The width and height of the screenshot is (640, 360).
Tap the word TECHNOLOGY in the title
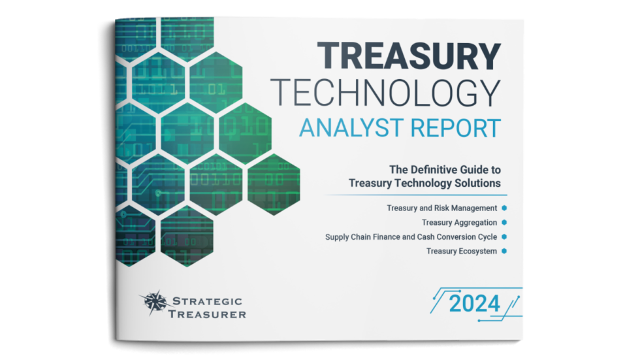tap(386, 93)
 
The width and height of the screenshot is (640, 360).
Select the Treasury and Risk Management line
tap(441, 208)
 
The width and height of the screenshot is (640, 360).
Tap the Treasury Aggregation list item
tap(459, 223)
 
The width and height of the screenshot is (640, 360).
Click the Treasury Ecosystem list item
tap(462, 251)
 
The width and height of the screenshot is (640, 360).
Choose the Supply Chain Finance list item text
tap(411, 237)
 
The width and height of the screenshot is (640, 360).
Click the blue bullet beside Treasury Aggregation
tap(504, 223)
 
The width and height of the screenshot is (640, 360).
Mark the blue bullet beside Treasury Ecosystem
tap(504, 251)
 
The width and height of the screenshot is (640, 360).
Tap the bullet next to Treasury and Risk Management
tap(504, 208)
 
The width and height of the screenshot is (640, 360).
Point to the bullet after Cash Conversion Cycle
tap(504, 237)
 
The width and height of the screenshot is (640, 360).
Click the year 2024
tap(474, 303)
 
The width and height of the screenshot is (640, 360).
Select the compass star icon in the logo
tap(154, 303)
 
